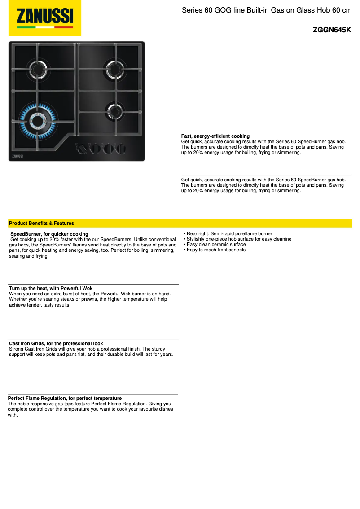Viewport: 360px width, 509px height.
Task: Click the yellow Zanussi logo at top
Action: (x=45, y=18)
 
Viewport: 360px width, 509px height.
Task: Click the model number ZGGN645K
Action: (x=332, y=30)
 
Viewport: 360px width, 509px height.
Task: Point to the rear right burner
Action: (x=114, y=69)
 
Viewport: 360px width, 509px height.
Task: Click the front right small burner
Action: (x=114, y=110)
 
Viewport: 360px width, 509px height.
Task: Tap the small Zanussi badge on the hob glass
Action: (x=16, y=156)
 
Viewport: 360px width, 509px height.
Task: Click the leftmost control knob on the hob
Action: (x=82, y=148)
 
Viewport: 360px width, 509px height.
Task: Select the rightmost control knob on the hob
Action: (x=120, y=148)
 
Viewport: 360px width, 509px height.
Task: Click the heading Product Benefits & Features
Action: (x=41, y=223)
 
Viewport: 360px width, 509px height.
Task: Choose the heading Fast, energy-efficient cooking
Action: (x=215, y=136)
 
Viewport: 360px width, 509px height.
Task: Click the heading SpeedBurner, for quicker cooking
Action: (x=49, y=234)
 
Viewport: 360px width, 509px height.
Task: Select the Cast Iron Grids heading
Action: (x=56, y=343)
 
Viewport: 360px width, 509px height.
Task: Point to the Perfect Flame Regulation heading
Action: (x=65, y=398)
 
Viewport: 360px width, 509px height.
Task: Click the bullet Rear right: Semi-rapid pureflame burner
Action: (x=229, y=233)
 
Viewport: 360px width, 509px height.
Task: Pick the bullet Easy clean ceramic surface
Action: (x=216, y=244)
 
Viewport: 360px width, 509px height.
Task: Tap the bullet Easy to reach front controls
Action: (x=216, y=250)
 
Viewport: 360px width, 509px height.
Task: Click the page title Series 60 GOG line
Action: (x=266, y=10)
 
